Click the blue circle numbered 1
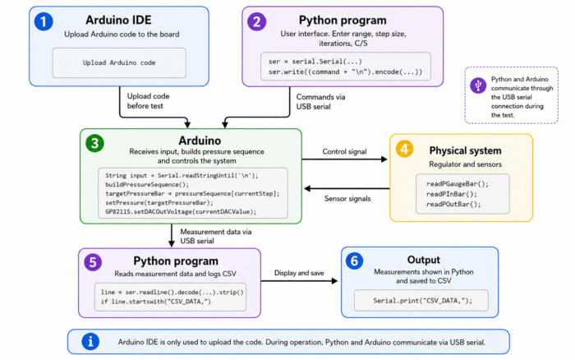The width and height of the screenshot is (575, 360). [44, 21]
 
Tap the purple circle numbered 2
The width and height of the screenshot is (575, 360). [256, 21]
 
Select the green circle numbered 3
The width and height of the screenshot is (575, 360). [94, 143]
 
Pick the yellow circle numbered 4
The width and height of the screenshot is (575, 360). [404, 149]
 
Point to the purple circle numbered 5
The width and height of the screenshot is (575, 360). [93, 262]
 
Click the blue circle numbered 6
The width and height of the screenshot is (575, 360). [354, 261]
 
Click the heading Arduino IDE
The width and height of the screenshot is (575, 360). [118, 20]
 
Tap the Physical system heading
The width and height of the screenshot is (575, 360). [465, 150]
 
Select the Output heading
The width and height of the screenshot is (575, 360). [424, 260]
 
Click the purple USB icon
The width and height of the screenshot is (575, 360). [478, 85]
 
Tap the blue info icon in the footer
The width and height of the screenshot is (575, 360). [90, 342]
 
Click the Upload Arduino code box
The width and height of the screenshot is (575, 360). [119, 62]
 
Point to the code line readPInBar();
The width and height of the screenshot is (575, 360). [452, 194]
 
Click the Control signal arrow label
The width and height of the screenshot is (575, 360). [344, 151]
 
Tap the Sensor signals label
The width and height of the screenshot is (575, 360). [347, 199]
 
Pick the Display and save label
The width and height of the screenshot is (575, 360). [299, 273]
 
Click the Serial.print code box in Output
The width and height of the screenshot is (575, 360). [421, 300]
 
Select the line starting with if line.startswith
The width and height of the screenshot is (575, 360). [156, 302]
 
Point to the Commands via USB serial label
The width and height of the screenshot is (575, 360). [320, 102]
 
